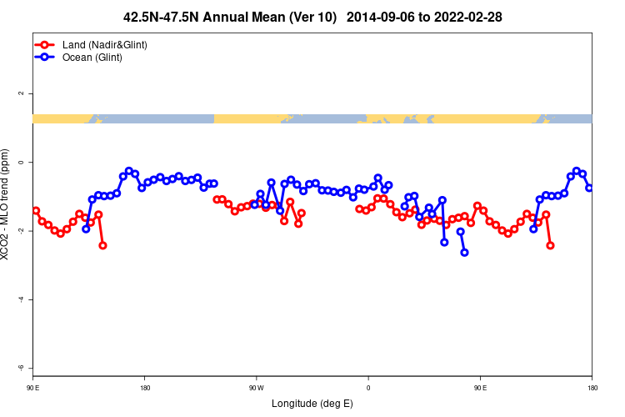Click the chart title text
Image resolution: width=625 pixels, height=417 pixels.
312,17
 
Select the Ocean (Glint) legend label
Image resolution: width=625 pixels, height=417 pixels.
92,57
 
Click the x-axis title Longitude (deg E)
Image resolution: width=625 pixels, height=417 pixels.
312,404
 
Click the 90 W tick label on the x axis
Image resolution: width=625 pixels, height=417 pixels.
256,388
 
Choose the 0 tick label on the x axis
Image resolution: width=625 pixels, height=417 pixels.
368,388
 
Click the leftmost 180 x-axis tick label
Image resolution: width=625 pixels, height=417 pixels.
145,388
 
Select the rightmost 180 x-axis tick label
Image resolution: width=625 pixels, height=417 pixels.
592,388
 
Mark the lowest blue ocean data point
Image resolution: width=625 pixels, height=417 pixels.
464,252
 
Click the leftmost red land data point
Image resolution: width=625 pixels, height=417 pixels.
36,210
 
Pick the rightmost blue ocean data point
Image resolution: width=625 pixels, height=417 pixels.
589,188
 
